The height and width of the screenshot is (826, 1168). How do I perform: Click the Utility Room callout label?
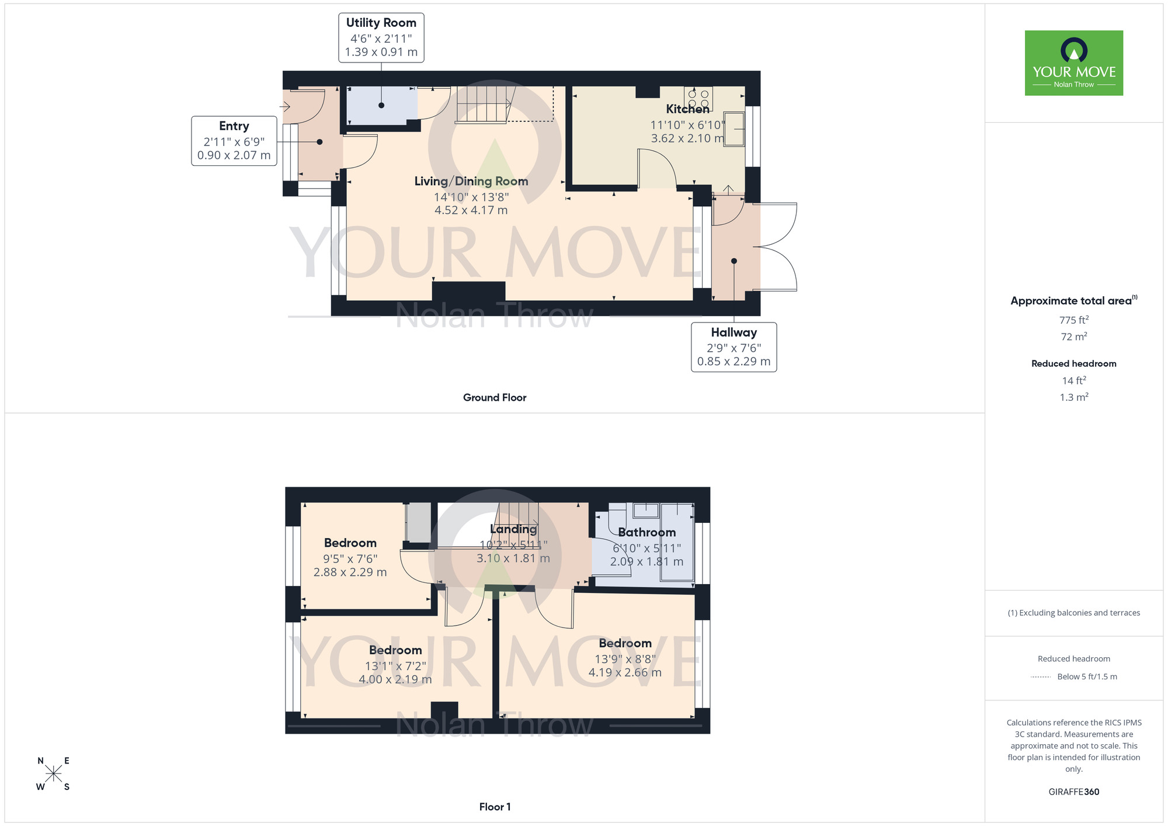[381, 37]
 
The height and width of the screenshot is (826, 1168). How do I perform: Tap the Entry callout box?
[234, 141]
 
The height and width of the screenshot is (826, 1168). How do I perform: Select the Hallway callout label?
[734, 347]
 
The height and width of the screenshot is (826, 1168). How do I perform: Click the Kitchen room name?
[687, 109]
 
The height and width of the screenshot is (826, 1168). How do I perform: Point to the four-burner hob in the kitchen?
[698, 98]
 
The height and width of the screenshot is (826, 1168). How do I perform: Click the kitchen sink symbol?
[734, 129]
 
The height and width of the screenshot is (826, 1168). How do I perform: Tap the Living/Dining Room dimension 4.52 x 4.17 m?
[471, 210]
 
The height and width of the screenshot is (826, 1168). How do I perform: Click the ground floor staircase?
[484, 105]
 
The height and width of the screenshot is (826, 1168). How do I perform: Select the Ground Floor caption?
[494, 398]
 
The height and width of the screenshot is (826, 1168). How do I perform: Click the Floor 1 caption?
[494, 807]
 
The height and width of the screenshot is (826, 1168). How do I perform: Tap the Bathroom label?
[646, 533]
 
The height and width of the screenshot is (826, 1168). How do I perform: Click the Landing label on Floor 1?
[513, 529]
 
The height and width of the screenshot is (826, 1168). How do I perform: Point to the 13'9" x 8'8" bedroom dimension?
[625, 659]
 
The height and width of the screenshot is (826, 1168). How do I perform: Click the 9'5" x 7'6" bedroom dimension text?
[350, 558]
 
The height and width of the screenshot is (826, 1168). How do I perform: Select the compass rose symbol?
[53, 774]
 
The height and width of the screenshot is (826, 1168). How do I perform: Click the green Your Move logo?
[1073, 63]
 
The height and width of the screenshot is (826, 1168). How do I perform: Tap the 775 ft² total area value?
[1073, 320]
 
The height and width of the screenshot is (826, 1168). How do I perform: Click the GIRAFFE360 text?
[1073, 792]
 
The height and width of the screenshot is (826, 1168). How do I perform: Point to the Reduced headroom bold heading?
[1073, 363]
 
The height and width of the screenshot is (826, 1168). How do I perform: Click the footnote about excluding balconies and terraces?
[1073, 613]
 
